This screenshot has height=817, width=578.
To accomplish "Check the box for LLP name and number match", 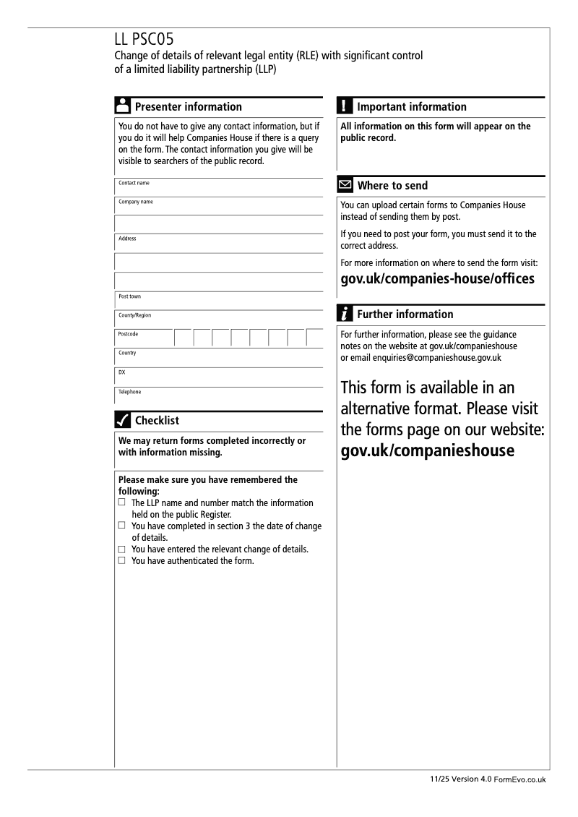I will pyautogui.click(x=122, y=502).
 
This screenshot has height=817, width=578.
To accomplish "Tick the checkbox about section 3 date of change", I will pyautogui.click(x=122, y=526).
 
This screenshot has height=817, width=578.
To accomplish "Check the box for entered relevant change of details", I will pyautogui.click(x=122, y=549).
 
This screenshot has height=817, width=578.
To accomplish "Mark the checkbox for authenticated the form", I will pyautogui.click(x=122, y=560).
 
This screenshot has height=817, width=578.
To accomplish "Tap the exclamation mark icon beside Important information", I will pyautogui.click(x=345, y=106).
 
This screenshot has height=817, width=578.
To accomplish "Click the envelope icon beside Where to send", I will pyautogui.click(x=345, y=185).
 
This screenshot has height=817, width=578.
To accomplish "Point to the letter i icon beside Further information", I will pyautogui.click(x=345, y=314).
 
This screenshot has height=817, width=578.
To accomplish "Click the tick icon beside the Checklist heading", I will pyautogui.click(x=123, y=420).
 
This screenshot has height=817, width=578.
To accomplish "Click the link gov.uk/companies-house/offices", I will pyautogui.click(x=437, y=278).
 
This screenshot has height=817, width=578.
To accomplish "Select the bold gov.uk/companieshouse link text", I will pyautogui.click(x=427, y=451).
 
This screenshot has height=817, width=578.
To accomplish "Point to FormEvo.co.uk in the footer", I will pyautogui.click(x=520, y=780).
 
